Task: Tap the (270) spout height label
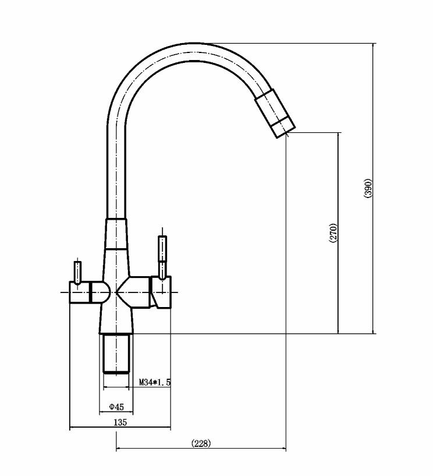pyautogui.click(x=333, y=233)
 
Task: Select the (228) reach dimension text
pyautogui.click(x=201, y=443)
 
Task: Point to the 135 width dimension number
pyautogui.click(x=120, y=422)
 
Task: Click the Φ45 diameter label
pyautogui.click(x=116, y=407)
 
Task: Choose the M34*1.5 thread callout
pyautogui.click(x=155, y=382)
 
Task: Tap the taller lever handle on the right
pyautogui.click(x=162, y=258)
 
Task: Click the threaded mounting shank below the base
pyautogui.click(x=116, y=354)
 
